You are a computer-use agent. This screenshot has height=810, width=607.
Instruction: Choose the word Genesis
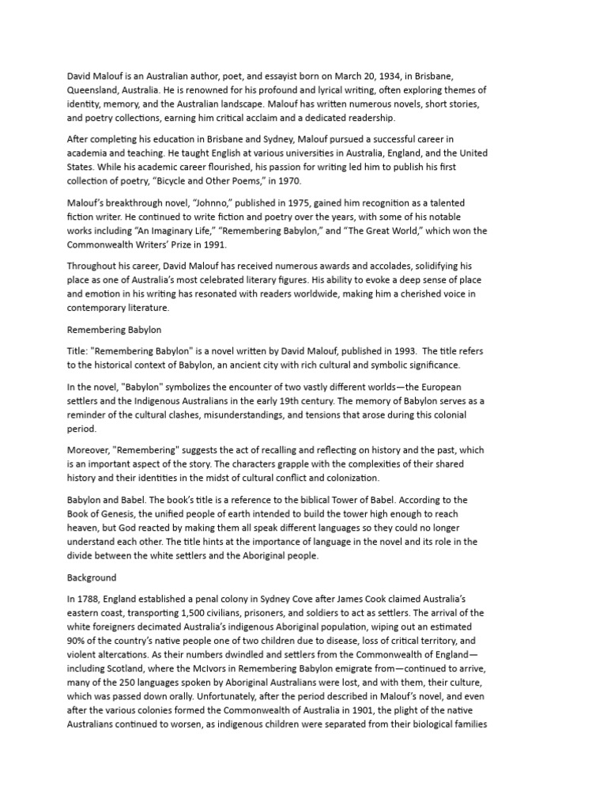115,514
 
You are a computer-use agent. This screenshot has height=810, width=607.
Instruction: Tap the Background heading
92,577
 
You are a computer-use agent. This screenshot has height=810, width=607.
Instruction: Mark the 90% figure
79,642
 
